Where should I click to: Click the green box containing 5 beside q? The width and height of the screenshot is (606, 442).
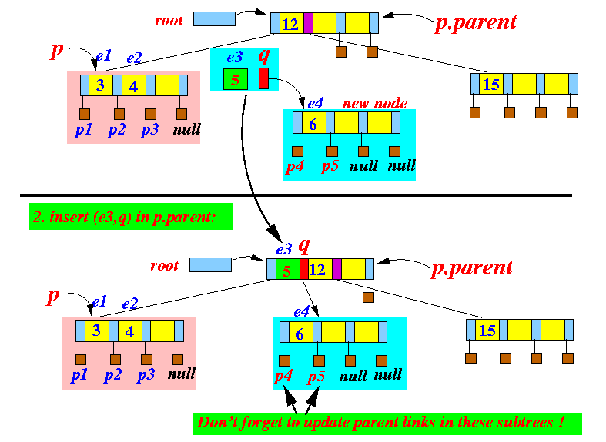pos(235,79)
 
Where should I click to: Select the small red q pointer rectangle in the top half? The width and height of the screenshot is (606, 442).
pos(263,78)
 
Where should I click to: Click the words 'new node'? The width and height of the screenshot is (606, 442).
pos(374,104)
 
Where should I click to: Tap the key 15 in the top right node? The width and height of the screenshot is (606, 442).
pos(490,84)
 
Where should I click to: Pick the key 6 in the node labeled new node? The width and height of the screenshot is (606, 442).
pos(313,123)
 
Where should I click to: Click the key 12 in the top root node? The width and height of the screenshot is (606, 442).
pos(290,24)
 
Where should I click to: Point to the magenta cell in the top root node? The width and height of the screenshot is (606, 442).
pos(308,24)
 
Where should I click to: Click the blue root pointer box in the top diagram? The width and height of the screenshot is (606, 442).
pos(214,18)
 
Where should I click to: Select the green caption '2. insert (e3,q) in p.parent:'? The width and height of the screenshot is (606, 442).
pos(131,217)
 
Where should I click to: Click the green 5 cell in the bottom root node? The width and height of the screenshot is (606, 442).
pos(286,270)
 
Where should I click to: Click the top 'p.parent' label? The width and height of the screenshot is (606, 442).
pos(475,22)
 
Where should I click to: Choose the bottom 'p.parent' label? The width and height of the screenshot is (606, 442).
pos(471,268)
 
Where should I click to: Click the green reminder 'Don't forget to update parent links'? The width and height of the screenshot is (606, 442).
pos(387,423)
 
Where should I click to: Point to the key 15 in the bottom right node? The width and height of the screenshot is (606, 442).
pos(487,331)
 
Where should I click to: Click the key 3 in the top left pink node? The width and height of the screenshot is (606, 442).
pos(100,85)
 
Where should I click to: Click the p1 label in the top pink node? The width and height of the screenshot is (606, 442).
pos(83,130)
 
